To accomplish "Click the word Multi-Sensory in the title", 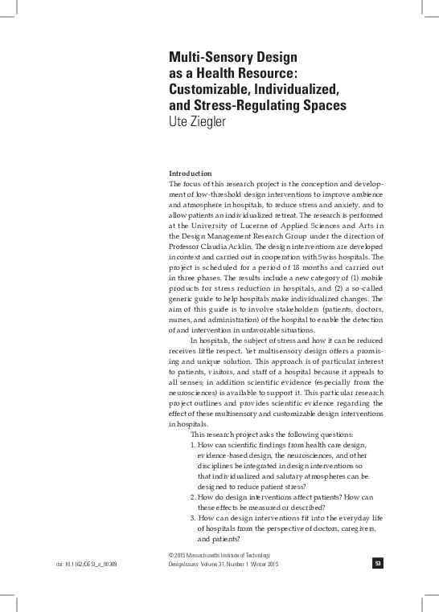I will point(211,58).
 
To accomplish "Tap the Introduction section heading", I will point(190,174).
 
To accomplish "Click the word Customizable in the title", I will point(211,89).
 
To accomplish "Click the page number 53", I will point(377,564).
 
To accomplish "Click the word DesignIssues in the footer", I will point(187,565).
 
